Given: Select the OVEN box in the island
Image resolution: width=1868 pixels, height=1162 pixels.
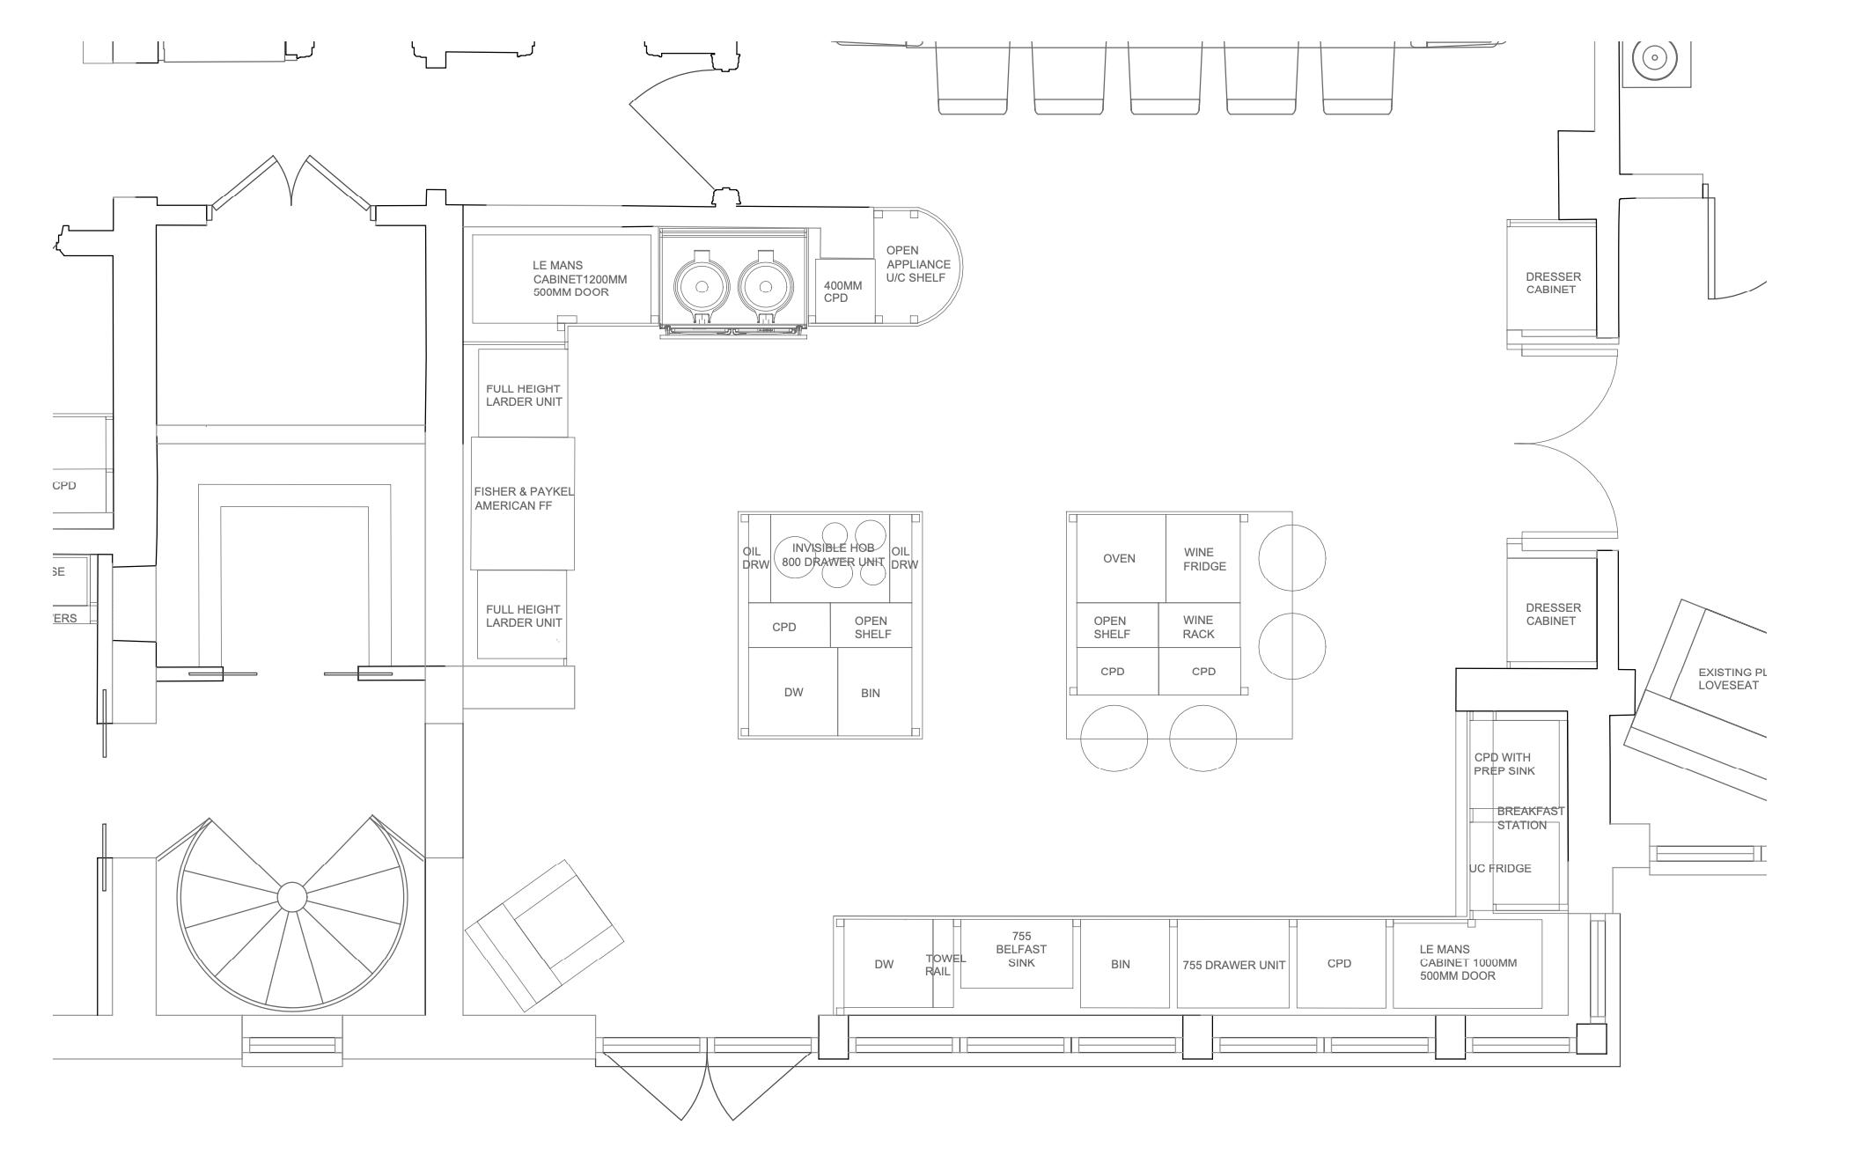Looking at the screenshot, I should pyautogui.click(x=1120, y=558).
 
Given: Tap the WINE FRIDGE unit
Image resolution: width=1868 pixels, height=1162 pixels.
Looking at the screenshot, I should pyautogui.click(x=1202, y=558).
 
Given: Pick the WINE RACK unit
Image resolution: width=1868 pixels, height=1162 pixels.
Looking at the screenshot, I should pyautogui.click(x=1198, y=626).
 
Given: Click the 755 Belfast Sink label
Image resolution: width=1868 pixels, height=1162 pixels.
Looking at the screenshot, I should pyautogui.click(x=1020, y=949).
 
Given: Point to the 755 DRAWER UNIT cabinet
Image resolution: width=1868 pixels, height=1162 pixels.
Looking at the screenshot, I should pyautogui.click(x=1232, y=965).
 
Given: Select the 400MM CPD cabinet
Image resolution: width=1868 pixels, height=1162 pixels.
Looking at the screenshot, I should pyautogui.click(x=843, y=291).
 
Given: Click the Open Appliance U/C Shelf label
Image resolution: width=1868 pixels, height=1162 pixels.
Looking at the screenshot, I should pyautogui.click(x=917, y=264).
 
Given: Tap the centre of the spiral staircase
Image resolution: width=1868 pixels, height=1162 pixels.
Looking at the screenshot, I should pyautogui.click(x=291, y=897).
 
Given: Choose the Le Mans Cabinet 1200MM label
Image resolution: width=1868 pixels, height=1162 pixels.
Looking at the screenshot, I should pyautogui.click(x=578, y=278).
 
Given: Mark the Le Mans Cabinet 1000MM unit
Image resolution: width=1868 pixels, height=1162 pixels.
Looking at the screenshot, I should pyautogui.click(x=1467, y=963).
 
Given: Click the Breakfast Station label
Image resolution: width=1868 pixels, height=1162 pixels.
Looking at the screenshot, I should pyautogui.click(x=1529, y=818).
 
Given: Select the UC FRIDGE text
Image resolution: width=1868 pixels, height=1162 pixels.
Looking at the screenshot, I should pyautogui.click(x=1500, y=868).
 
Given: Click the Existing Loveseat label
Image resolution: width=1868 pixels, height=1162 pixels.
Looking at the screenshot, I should pyautogui.click(x=1729, y=679).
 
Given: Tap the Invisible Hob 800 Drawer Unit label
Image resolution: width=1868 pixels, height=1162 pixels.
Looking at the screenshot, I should pyautogui.click(x=833, y=555).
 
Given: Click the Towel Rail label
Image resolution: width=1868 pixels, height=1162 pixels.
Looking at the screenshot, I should pyautogui.click(x=944, y=965).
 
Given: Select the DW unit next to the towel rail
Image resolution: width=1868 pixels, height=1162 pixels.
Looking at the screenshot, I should pyautogui.click(x=884, y=965).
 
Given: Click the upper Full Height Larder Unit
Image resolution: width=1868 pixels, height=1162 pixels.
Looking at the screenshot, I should pyautogui.click(x=524, y=394).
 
